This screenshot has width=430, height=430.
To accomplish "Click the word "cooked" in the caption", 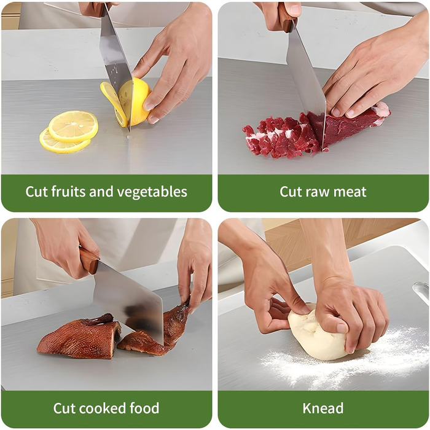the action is click(101, 408).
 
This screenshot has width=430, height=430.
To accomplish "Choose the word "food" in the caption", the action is click(144, 408).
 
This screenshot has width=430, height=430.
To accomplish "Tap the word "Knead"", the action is click(322, 408).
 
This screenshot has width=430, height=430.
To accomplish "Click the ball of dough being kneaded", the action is click(318, 335).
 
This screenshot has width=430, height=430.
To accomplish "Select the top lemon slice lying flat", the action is click(73, 126).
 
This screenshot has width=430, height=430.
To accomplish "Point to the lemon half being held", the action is click(135, 101).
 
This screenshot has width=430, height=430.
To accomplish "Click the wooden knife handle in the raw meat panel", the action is click(287, 18).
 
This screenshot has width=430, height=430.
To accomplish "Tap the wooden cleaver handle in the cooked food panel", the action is click(88, 260).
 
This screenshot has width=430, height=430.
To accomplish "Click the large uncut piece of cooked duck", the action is click(79, 337).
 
